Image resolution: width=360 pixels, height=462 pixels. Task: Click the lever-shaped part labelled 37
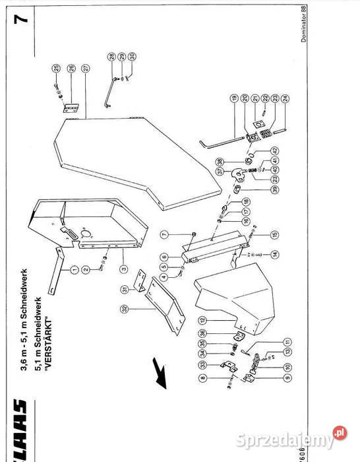click(x=237, y=174)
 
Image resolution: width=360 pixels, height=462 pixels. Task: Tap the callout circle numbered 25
click(x=56, y=68)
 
